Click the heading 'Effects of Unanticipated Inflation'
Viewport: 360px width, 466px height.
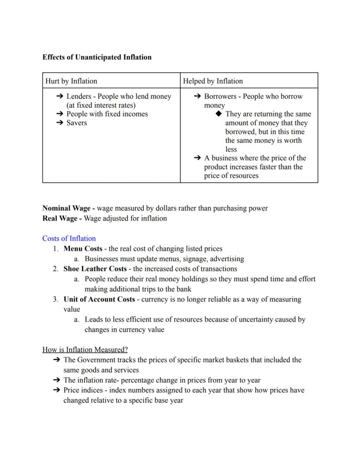coord(97,57)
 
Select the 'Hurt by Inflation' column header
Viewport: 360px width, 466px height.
coord(71,81)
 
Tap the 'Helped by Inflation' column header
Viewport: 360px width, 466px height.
coord(213,81)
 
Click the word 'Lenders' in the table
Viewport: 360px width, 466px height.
coord(79,97)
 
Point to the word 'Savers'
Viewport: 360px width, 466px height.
coord(77,123)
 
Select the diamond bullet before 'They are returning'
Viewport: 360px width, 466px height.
coord(219,114)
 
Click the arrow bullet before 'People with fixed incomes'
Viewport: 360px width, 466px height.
coord(60,114)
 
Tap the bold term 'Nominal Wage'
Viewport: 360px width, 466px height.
coord(67,208)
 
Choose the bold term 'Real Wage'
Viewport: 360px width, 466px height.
coord(60,218)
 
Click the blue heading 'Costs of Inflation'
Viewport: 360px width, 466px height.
coord(69,238)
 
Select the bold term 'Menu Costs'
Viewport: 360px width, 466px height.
coord(83,249)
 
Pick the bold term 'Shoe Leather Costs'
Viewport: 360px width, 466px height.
coord(95,269)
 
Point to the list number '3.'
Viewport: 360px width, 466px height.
coord(56,299)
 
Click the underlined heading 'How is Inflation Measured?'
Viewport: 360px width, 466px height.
coord(85,350)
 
